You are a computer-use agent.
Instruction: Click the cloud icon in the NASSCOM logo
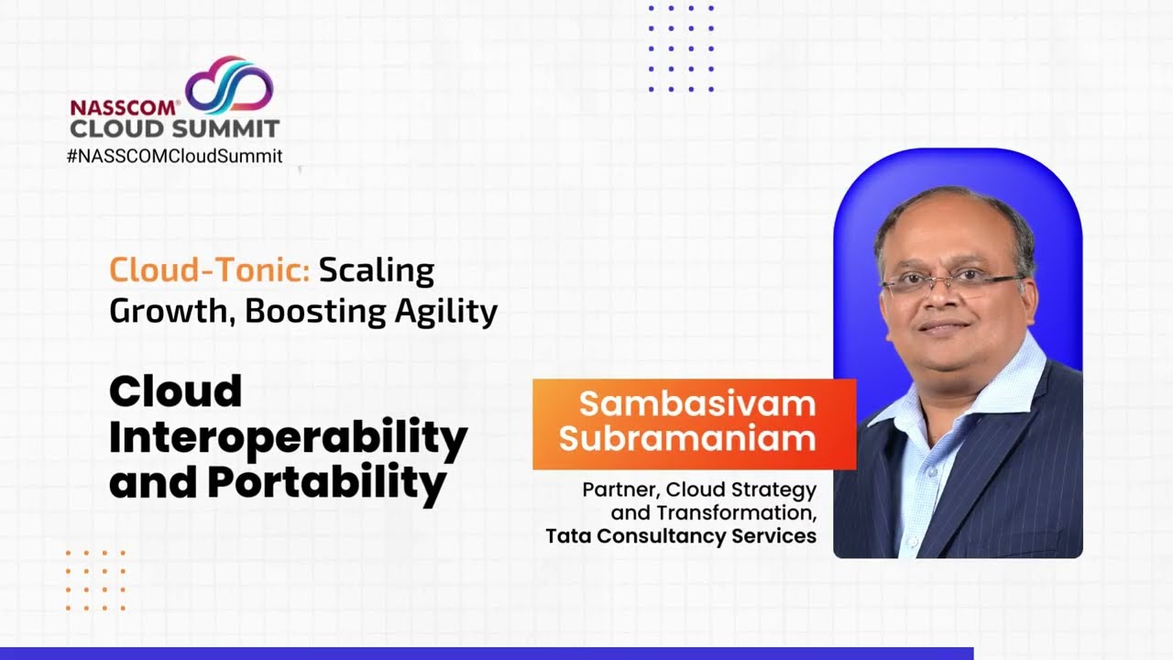229,85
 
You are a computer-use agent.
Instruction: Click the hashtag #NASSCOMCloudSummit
174,156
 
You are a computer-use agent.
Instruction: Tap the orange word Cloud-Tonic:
210,270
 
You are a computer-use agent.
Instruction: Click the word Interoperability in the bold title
288,438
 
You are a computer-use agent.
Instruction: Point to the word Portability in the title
326,482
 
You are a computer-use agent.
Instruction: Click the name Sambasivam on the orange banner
696,403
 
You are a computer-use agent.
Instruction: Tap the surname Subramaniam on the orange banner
687,438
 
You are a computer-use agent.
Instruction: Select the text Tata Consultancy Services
680,536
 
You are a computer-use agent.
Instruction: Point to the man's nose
944,302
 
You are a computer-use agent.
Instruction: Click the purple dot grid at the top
681,49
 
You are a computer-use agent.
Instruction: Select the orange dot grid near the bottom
95,580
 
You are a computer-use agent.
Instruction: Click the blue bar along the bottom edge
486,654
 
